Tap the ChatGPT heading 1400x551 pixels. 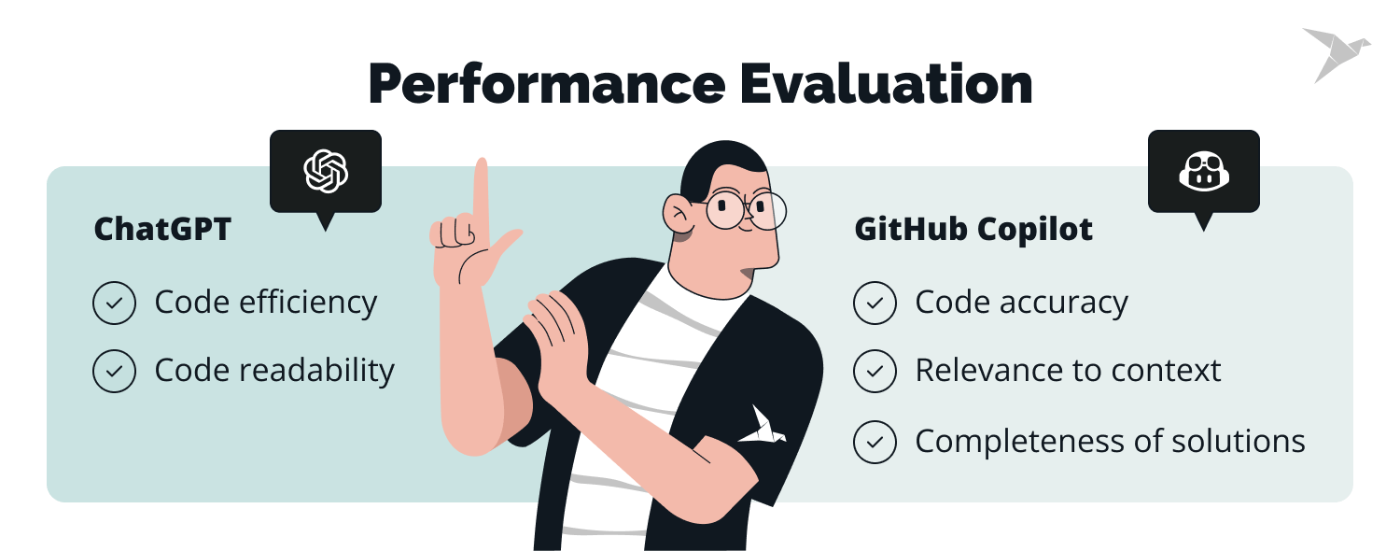coord(162,230)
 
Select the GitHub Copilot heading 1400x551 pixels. coord(973,230)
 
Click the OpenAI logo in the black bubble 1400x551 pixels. coord(326,171)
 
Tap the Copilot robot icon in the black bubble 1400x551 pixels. coord(1203,172)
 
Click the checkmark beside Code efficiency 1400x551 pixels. coord(115,304)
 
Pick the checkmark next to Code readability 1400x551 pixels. coord(115,371)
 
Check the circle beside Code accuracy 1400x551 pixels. coord(875,304)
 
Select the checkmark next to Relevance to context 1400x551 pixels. coord(875,371)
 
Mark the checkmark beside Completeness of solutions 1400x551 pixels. coord(875,442)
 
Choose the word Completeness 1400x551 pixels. coord(1014,442)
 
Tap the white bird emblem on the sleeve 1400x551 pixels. coord(763,425)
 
